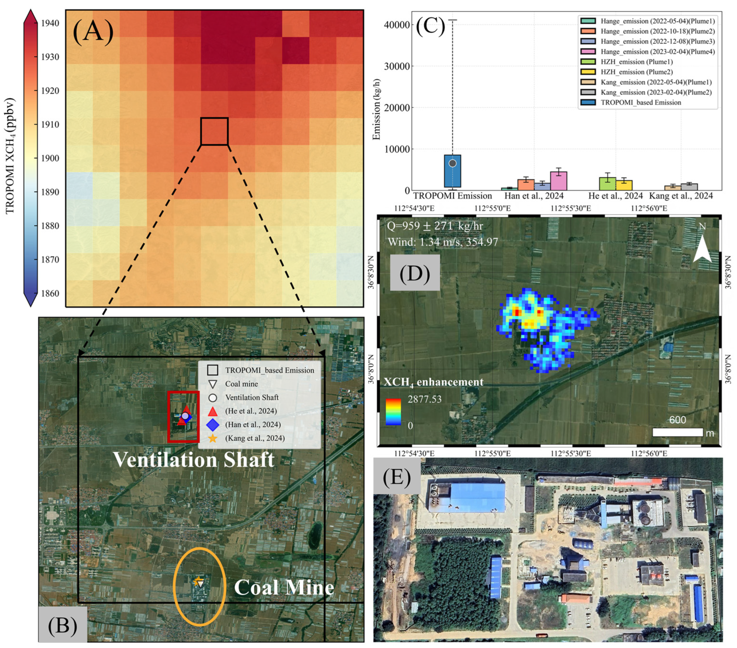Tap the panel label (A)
click(93, 32)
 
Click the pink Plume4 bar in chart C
click(558, 181)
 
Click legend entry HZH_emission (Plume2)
click(636, 72)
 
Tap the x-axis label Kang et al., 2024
click(681, 196)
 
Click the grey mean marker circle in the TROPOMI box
click(452, 163)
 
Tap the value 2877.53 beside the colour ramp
click(424, 399)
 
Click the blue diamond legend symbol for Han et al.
click(213, 425)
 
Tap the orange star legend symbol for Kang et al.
click(213, 438)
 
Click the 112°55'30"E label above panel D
click(570, 208)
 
